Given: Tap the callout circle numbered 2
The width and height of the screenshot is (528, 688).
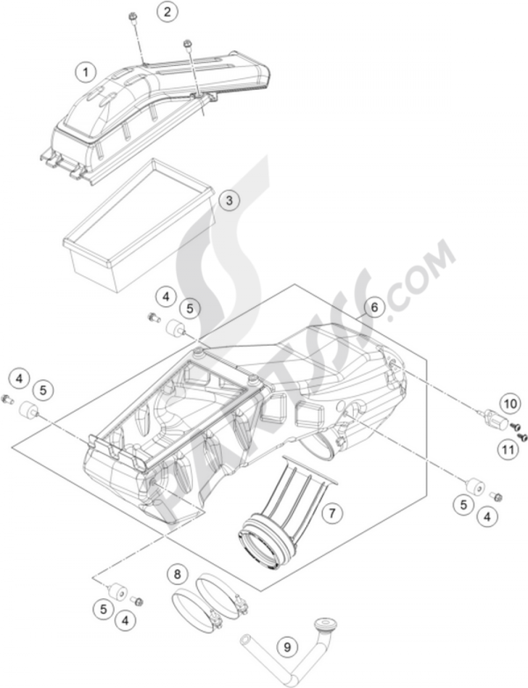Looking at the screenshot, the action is (167, 12).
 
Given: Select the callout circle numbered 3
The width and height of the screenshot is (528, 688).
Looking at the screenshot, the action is (229, 201).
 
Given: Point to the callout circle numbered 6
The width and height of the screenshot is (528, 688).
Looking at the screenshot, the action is (374, 307).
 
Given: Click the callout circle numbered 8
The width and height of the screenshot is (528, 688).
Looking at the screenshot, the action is (177, 574).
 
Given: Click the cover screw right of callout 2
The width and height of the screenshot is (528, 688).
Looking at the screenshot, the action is (187, 44).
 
